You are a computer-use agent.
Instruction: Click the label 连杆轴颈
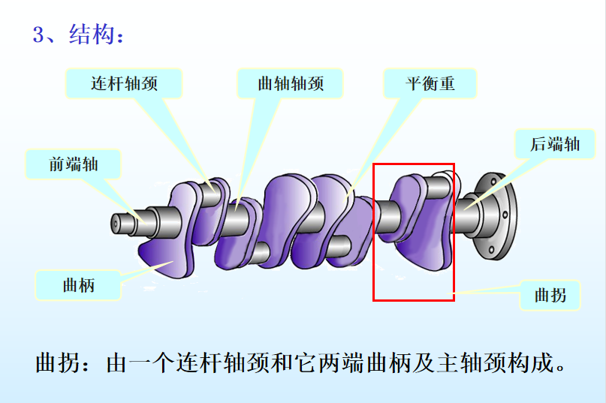[x=124, y=83]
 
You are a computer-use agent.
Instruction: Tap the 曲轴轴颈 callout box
[x=291, y=83]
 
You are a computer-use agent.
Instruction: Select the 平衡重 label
[x=430, y=83]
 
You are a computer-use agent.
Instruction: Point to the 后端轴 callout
[x=555, y=144]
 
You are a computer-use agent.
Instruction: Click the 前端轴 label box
[x=73, y=164]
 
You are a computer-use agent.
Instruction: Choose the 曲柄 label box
[x=78, y=285]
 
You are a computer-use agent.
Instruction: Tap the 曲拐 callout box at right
[x=550, y=296]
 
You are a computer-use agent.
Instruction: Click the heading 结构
[x=92, y=34]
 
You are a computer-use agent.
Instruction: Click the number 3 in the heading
[x=38, y=35]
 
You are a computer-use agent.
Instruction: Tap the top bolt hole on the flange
[x=493, y=181]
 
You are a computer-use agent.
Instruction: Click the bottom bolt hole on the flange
[x=491, y=250]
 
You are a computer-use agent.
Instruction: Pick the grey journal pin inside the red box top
[x=438, y=188]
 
